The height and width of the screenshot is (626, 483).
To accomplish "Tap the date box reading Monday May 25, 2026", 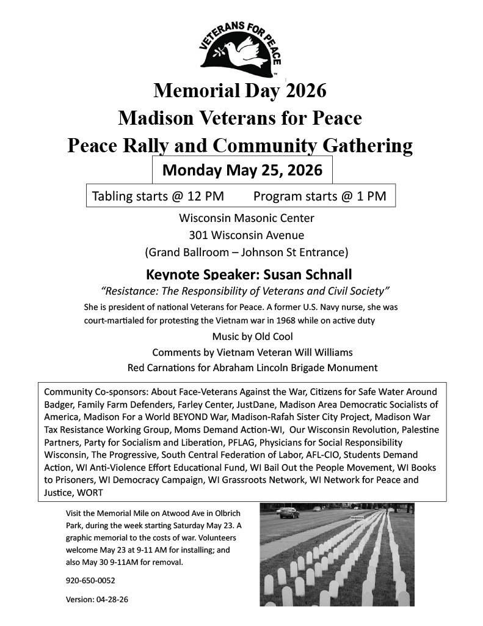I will click(x=242, y=170).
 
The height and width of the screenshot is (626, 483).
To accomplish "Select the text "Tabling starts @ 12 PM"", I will click(x=158, y=196).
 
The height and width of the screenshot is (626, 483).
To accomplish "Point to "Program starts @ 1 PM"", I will click(x=319, y=196).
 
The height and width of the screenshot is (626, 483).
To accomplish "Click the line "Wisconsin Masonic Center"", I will click(x=246, y=218).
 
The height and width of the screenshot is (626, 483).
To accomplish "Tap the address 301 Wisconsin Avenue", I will click(x=246, y=235).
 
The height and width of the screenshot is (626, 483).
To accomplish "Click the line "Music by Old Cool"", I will click(x=252, y=337).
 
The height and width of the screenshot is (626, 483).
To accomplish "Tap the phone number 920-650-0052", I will click(x=90, y=580).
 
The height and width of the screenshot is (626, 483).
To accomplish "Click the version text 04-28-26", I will click(x=112, y=599).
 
